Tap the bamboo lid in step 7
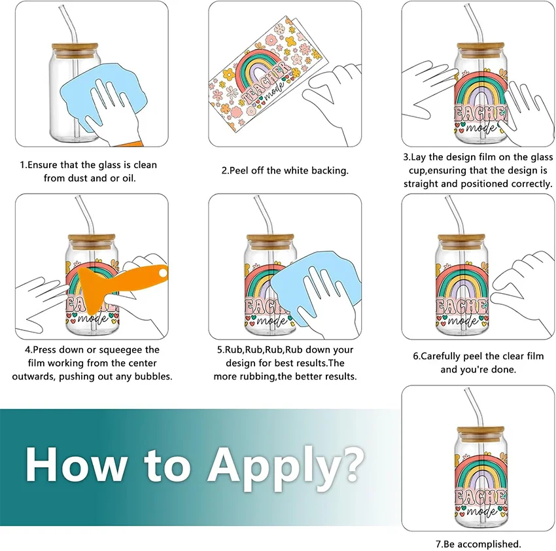[x=481, y=433]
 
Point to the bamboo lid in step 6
[x=461, y=241]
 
